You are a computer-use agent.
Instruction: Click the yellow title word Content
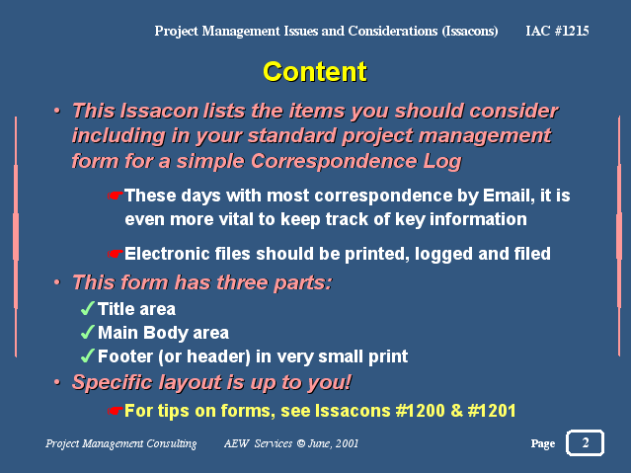click(x=315, y=72)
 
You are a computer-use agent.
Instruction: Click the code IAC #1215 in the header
click(x=557, y=31)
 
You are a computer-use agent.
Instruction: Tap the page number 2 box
click(x=585, y=442)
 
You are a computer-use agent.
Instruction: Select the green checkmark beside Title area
click(x=88, y=308)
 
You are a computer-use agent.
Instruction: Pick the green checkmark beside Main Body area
click(x=88, y=332)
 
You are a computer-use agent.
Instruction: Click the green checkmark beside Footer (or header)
click(x=88, y=355)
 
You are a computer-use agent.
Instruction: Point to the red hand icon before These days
click(x=116, y=196)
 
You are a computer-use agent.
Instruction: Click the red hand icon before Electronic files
click(x=116, y=254)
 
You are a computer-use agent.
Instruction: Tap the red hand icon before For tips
click(x=116, y=411)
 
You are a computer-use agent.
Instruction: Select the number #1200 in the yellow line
click(x=420, y=411)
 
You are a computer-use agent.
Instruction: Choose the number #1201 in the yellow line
click(x=492, y=411)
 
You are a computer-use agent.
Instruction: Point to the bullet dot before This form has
click(x=57, y=282)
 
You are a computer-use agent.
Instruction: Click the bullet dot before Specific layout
click(x=57, y=382)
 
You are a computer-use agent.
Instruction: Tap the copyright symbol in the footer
click(x=300, y=443)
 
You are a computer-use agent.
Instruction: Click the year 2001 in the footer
click(x=347, y=443)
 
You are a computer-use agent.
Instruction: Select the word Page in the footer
click(x=543, y=443)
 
